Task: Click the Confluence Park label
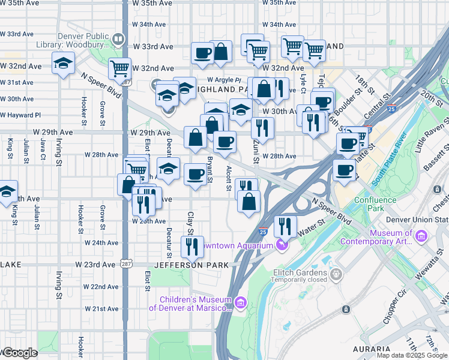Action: [x=375, y=204]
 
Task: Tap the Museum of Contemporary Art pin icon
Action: [x=421, y=237]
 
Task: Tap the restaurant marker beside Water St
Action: [x=285, y=227]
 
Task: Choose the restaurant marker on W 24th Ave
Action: [x=192, y=246]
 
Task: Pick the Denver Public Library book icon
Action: [x=118, y=41]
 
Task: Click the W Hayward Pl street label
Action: [x=20, y=115]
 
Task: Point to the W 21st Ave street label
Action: [x=101, y=308]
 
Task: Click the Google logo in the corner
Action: [x=19, y=353]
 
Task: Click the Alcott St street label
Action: [x=228, y=179]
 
